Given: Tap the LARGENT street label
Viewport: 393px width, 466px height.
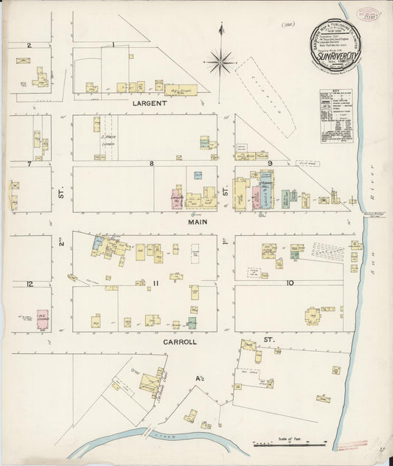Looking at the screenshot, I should pos(150,104).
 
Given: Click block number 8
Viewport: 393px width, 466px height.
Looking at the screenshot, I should pos(151,163).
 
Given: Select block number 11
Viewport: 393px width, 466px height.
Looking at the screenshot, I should pos(156,283).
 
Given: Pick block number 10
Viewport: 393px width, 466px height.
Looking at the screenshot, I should pos(290,283).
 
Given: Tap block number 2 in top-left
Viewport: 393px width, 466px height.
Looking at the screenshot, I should pos(29,46).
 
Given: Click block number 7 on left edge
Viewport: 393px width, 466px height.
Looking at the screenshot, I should pos(29,163).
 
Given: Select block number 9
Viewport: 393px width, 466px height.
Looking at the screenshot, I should pos(270,164).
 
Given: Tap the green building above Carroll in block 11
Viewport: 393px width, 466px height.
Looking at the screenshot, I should pos(192,322).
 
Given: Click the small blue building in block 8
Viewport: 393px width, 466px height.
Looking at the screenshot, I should pos(198,175).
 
